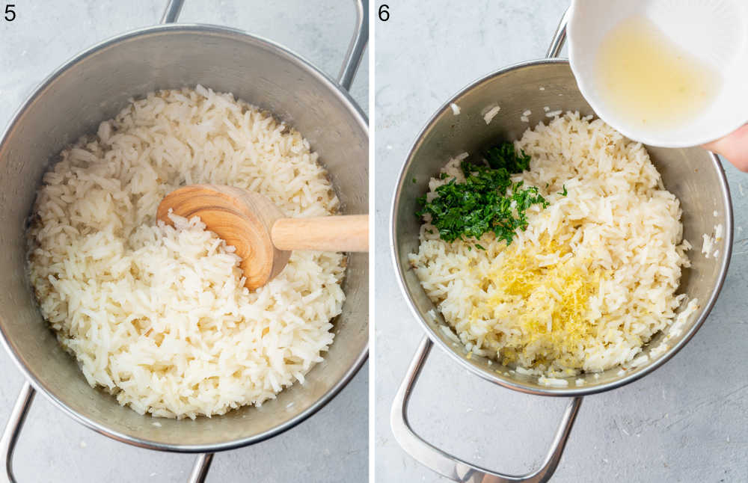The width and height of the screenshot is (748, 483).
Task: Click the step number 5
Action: pyautogui.click(x=10, y=12)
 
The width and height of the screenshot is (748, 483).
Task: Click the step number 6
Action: pyautogui.click(x=383, y=12)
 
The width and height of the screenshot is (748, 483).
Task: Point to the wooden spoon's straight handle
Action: pyautogui.click(x=322, y=233)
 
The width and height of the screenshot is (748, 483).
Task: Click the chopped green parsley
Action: pyautogui.click(x=482, y=198)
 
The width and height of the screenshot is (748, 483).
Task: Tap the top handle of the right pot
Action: pyautogui.click(x=558, y=37)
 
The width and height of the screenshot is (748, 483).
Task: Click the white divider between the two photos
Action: pyautogui.click(x=372, y=241)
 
